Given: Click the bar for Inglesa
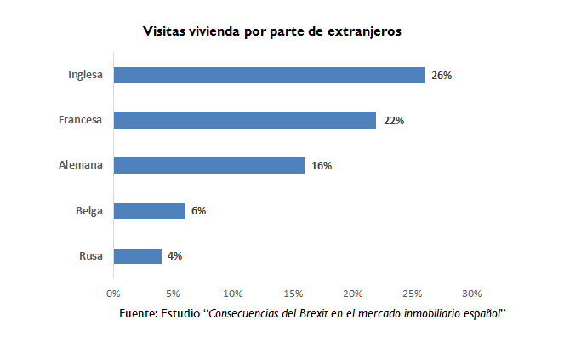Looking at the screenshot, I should coord(269,75).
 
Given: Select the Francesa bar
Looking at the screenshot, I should coord(245,120).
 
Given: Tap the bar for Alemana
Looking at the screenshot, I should coord(209,165).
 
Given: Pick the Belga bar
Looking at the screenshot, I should coord(150,210).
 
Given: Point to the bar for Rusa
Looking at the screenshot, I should coord(138,255).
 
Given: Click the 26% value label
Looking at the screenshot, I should coord(442,75).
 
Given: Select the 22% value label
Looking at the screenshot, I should coord(394,120).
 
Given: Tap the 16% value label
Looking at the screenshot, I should coord(322,165).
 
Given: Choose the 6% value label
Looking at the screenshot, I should coord(199,210).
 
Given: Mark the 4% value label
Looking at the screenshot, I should coord(175,255).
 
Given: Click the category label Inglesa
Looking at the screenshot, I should coord(85,75).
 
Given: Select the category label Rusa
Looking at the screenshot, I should coord(90,255).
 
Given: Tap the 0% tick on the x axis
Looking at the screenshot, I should coord(113,294).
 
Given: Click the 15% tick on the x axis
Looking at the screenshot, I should coord(293,294).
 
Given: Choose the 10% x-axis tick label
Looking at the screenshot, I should coord(233,294).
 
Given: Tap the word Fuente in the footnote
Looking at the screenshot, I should coord(138,313).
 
